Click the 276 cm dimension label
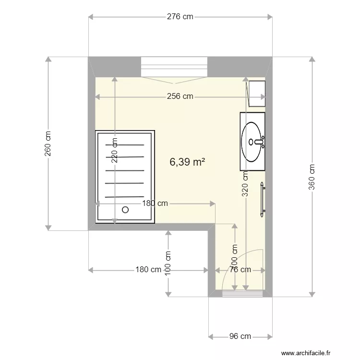tap(180, 17)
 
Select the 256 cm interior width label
tap(180, 96)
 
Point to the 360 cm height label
tap(312, 176)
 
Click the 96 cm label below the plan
tap(240, 336)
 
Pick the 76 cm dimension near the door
tap(240, 270)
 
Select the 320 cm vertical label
tap(245, 184)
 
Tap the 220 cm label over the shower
tap(114, 151)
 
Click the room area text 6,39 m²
tap(188, 162)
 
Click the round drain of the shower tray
tap(126, 210)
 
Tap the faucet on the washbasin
tap(259, 142)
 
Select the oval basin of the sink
tap(252, 142)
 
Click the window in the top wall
tap(174, 66)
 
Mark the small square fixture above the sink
tap(257, 93)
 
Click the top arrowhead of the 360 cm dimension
tap(312, 60)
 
